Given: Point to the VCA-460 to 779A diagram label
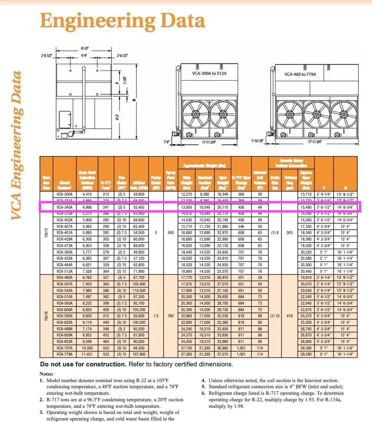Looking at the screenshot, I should coord(300,74).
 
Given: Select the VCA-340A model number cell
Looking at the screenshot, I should coord(64,208).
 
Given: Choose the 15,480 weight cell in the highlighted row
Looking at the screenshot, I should coord(306,208).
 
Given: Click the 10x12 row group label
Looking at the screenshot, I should coord(46,233).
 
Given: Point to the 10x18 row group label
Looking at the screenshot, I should coord(46,316).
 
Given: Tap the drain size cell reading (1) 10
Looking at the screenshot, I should coord(275,316).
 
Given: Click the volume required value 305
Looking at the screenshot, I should coord(290,233).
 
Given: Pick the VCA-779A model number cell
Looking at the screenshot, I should coord(64,354).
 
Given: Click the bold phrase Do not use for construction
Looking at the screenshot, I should coord(83,364).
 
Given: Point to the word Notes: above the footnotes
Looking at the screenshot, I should coord(46,374).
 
